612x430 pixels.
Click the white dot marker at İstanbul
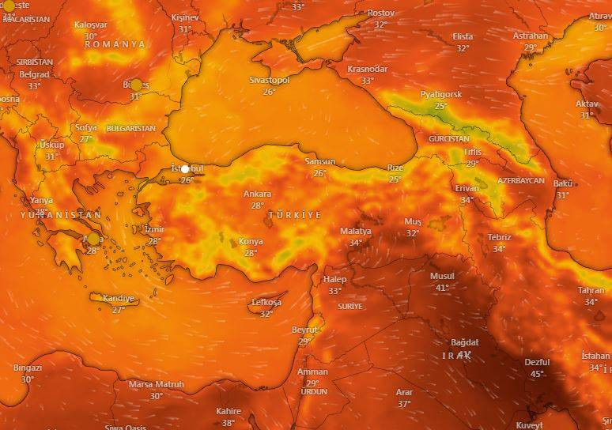pyautogui.click(x=185, y=168)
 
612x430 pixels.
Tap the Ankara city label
pyautogui.click(x=257, y=194)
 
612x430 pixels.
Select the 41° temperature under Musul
pyautogui.click(x=442, y=287)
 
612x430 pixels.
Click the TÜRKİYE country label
pyautogui.click(x=295, y=215)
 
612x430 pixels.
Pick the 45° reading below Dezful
pyautogui.click(x=537, y=374)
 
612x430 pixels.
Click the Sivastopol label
pyautogui.click(x=270, y=81)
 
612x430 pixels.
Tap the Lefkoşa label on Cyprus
pyautogui.click(x=266, y=303)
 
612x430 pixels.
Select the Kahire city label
pyautogui.click(x=229, y=411)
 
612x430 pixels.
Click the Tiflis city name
pyautogui.click(x=472, y=152)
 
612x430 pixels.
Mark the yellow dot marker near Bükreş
pyautogui.click(x=136, y=85)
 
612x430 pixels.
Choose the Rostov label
pyautogui.click(x=381, y=13)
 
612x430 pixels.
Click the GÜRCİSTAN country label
pyautogui.click(x=448, y=138)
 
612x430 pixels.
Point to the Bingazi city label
pyautogui.click(x=28, y=368)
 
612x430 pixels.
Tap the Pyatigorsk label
pyautogui.click(x=440, y=94)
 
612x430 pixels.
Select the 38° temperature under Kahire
pyautogui.click(x=229, y=423)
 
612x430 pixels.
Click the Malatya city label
pyautogui.click(x=355, y=231)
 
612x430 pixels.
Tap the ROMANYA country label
pyautogui.click(x=115, y=44)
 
